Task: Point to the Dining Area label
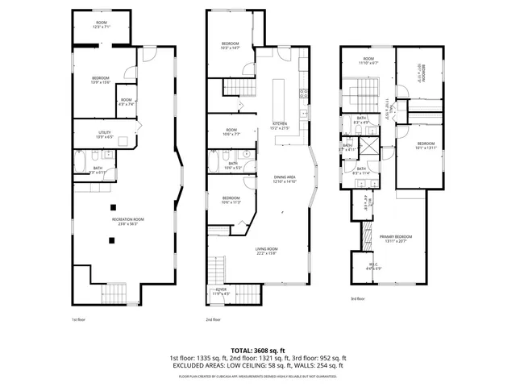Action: [x=283, y=180]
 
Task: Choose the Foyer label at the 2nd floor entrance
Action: [x=220, y=290]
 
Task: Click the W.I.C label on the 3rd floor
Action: [x=373, y=265]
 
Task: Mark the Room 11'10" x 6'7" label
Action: [x=368, y=60]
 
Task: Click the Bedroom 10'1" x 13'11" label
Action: [x=426, y=146]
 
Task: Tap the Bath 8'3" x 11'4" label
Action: [x=361, y=170]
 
